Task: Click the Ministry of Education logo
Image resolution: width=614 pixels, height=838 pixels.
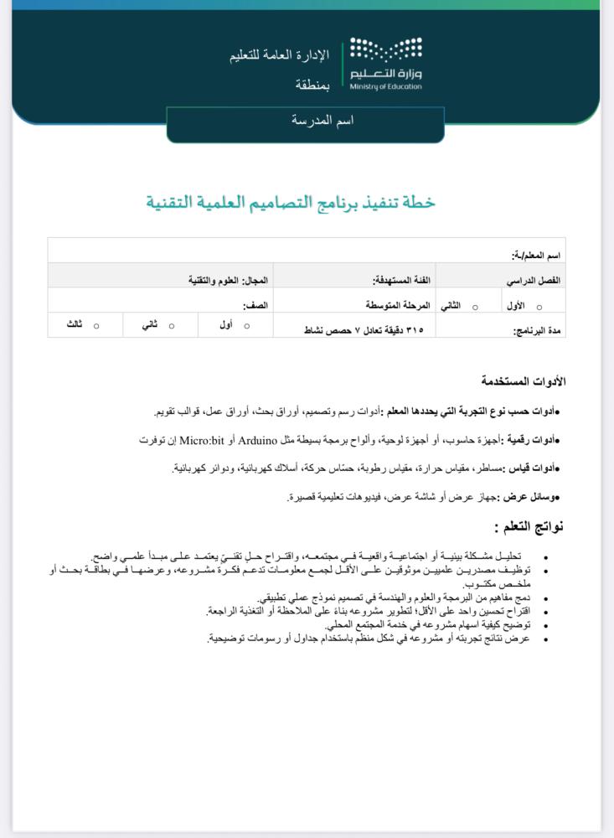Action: tap(385, 63)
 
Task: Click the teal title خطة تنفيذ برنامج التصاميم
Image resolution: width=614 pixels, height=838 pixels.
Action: tap(291, 202)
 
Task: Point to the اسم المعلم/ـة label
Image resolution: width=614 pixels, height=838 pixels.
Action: tap(537, 254)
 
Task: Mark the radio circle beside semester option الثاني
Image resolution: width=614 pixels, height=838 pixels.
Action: tap(475, 308)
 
